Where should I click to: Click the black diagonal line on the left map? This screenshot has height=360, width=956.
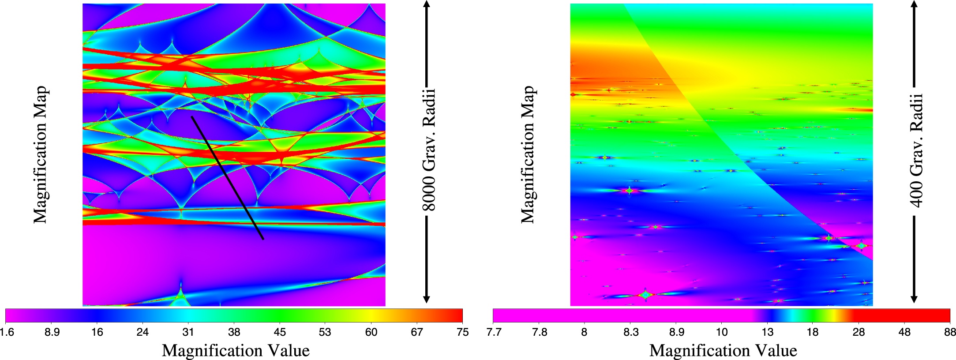228,178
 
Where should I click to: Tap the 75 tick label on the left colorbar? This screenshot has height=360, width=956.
462,332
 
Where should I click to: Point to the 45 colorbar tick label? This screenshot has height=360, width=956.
280,332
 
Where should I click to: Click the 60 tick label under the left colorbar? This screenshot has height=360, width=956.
371,332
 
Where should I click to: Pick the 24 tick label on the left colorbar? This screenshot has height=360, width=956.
142,332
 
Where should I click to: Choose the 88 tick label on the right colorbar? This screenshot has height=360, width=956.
950,332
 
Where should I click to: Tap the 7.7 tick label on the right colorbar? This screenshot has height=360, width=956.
494,332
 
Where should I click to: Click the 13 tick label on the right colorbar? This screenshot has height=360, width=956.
768,332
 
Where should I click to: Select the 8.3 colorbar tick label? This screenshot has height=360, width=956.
631,332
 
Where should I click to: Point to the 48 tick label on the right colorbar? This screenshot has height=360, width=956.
904,332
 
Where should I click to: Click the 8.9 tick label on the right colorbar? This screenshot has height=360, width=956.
677,332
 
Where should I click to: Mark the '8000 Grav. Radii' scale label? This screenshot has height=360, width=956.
428,150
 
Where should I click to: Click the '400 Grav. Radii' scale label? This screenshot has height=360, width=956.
916,150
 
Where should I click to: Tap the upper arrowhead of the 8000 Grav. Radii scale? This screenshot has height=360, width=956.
426,4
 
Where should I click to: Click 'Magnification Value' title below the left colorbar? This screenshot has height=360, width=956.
236,351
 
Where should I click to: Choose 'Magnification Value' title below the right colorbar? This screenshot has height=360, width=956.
723,351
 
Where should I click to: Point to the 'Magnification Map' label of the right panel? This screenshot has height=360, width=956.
528,154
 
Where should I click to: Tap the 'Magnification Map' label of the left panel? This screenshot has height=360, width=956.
40,154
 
